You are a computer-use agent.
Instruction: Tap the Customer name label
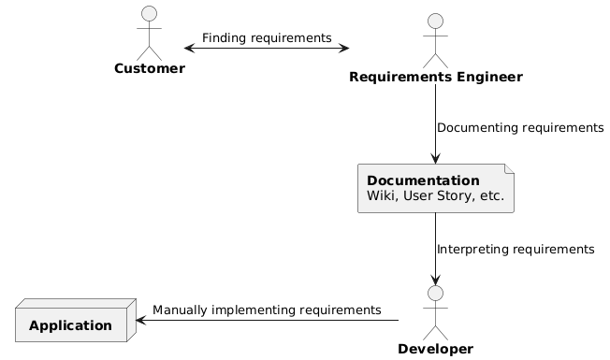150,69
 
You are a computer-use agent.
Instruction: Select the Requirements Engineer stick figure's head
435,21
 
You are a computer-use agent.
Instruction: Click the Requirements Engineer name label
435,77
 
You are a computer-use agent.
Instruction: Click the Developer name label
435,350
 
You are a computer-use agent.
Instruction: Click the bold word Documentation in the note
423,180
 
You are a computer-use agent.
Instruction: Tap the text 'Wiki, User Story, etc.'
435,196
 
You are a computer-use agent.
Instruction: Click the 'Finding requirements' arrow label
267,37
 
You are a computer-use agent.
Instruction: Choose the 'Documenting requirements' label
520,127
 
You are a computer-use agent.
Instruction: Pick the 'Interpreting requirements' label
516,250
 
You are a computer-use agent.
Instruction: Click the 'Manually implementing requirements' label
267,310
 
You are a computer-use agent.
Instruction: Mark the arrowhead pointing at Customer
189,47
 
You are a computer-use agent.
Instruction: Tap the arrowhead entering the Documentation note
435,159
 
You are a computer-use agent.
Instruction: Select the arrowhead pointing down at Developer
435,279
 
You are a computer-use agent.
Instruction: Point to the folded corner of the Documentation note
509,169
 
